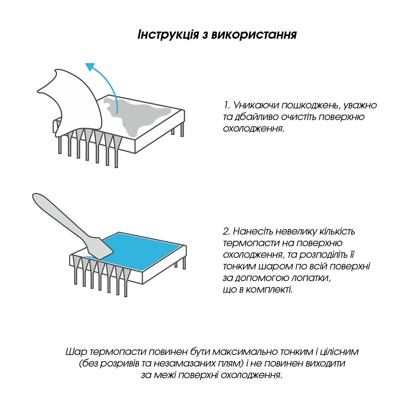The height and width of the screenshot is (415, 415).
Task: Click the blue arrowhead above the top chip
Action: click(90, 67)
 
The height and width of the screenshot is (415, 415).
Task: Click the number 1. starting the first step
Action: click(227, 105)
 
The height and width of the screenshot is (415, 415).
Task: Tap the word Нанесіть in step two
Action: click(255, 231)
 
